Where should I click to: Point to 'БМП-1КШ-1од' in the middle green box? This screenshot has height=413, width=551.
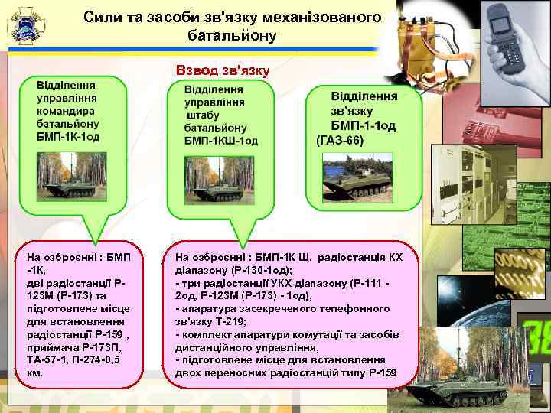click(221, 140)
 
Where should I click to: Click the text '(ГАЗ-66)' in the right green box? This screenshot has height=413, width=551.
click(341, 141)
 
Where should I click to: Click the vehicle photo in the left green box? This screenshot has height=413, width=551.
click(69, 177)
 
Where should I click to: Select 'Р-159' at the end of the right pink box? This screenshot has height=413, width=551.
click(380, 372)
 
